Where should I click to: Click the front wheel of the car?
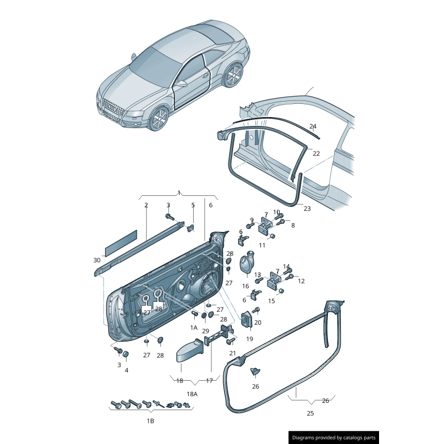(x=159, y=118)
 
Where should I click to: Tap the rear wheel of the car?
(x=234, y=75)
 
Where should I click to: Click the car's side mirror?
(x=181, y=83)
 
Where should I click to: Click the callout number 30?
(x=97, y=260)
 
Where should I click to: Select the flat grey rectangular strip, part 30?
(x=121, y=242)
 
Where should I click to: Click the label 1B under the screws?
(x=150, y=421)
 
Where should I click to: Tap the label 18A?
(x=192, y=394)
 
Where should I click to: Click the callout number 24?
(x=313, y=127)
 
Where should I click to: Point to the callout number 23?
(x=307, y=209)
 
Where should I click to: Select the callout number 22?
(x=316, y=154)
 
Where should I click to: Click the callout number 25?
(x=310, y=413)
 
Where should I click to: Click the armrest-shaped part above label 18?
(x=190, y=351)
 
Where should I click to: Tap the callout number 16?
(x=245, y=286)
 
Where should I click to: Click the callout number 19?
(x=249, y=339)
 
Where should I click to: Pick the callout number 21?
(x=233, y=353)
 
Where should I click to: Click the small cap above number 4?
(x=126, y=354)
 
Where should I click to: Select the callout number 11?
(x=262, y=245)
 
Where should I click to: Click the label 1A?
(x=194, y=327)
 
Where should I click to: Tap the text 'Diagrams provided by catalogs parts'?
(x=334, y=438)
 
